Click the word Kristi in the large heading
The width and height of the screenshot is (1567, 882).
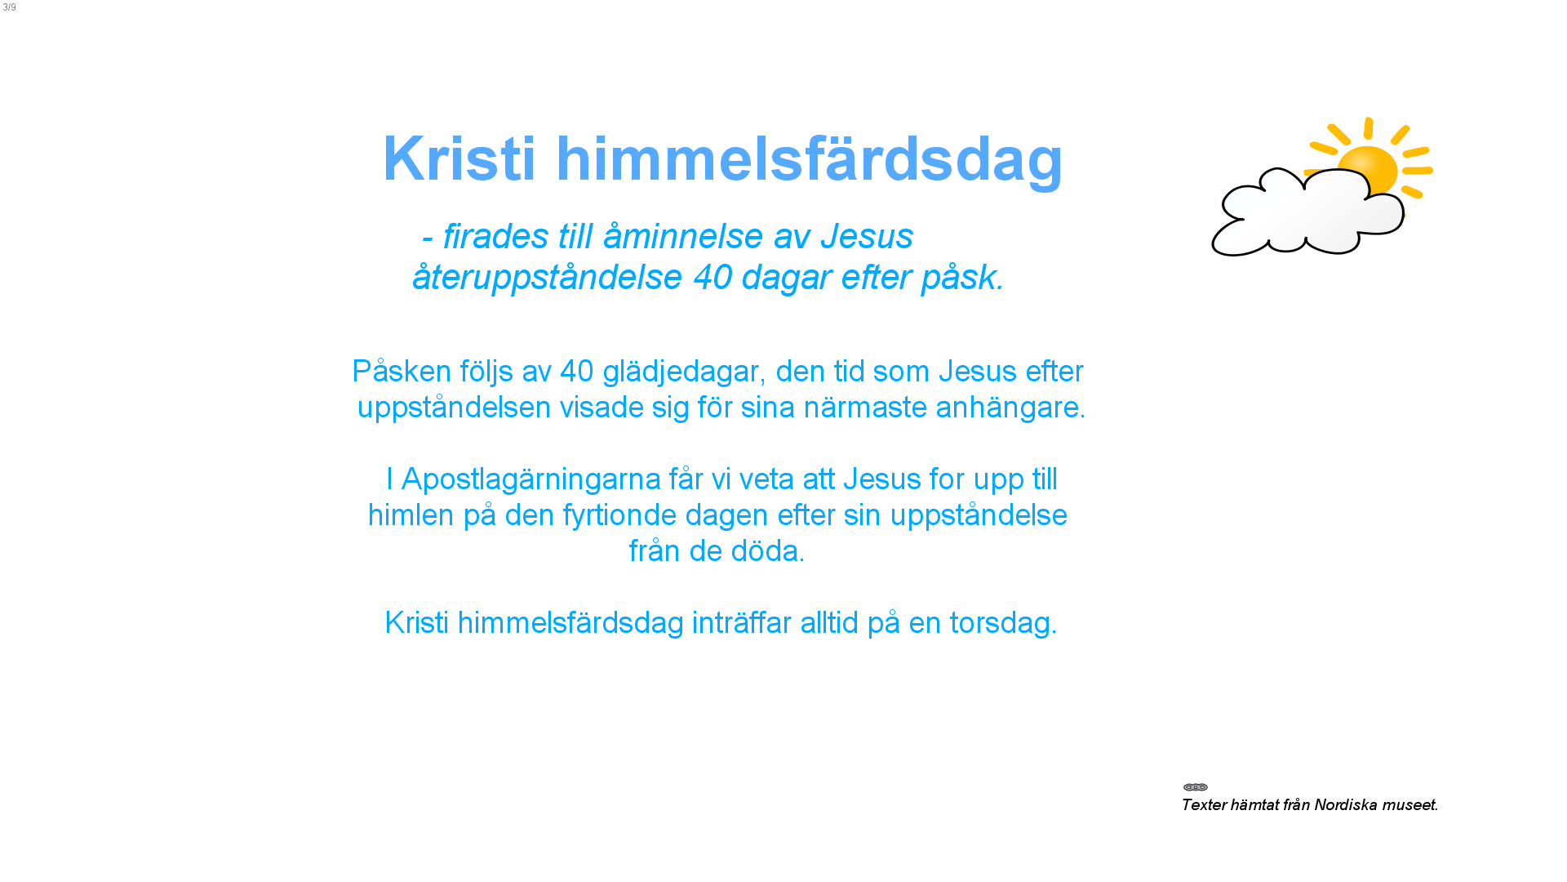pos(459,158)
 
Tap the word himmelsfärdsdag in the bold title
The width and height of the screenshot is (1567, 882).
pos(810,159)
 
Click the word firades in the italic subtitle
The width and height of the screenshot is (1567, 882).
pos(496,236)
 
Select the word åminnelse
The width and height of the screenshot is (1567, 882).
pos(683,235)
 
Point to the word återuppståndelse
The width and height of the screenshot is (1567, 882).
pos(547,278)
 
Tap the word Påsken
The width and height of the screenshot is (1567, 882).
pos(402,371)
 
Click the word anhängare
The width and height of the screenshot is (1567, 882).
pos(1008,408)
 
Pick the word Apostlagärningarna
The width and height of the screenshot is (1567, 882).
pos(531,480)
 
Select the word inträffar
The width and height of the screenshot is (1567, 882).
pos(742,623)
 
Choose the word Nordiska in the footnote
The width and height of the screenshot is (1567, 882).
pos(1344,805)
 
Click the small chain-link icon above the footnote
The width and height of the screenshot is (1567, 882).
pos(1196,787)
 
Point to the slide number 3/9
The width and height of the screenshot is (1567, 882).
pos(9,7)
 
